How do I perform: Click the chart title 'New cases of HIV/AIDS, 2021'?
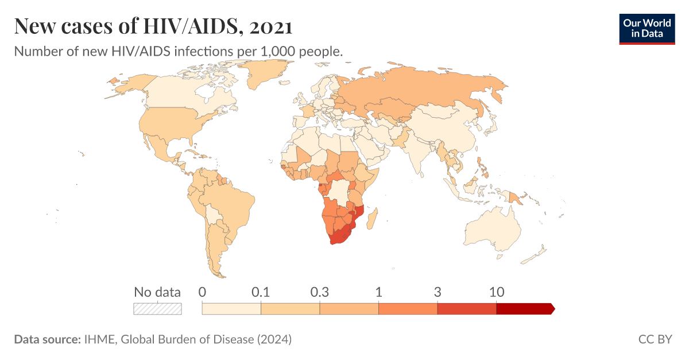coord(153,26)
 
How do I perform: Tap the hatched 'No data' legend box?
coord(157,309)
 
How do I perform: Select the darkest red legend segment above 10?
coord(524,309)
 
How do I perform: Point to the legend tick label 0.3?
coord(319,292)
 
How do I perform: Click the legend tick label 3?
coord(438,292)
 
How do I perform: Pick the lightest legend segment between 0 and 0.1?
coord(231,309)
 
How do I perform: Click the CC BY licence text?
coord(655,339)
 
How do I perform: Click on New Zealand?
coord(537,253)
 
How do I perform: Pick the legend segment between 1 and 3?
coord(408,309)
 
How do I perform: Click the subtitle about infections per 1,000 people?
coord(179,51)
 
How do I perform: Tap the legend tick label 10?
coord(496,292)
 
